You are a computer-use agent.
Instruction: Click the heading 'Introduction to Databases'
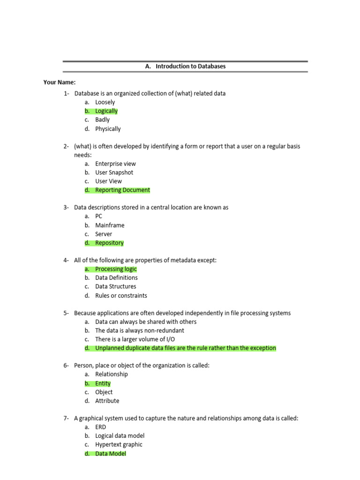pos(190,67)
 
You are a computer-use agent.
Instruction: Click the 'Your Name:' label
pos(60,82)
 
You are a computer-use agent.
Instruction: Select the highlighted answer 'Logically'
pos(106,111)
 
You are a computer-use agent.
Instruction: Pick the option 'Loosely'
pos(105,102)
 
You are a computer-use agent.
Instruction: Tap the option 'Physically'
pos(108,129)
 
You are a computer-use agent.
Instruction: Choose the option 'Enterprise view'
pos(115,164)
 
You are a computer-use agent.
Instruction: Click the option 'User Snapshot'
pos(114,172)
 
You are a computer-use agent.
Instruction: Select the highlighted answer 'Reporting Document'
pos(122,190)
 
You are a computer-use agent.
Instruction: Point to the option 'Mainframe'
pos(110,225)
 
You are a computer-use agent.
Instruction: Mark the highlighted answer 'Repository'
pos(109,243)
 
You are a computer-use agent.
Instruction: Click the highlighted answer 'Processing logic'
pos(116,269)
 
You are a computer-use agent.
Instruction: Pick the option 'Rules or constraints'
pos(121,296)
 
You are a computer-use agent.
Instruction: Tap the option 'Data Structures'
pos(115,286)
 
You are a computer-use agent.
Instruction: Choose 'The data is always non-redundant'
pos(139,330)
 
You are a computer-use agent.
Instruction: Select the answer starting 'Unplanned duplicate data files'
pos(185,348)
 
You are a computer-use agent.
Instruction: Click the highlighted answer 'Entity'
pos(103,383)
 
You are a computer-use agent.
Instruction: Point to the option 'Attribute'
pos(107,401)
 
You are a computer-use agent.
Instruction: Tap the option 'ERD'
pos(100,427)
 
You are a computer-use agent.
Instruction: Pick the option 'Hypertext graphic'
pos(119,444)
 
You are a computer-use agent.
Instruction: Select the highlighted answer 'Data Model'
pos(110,454)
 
